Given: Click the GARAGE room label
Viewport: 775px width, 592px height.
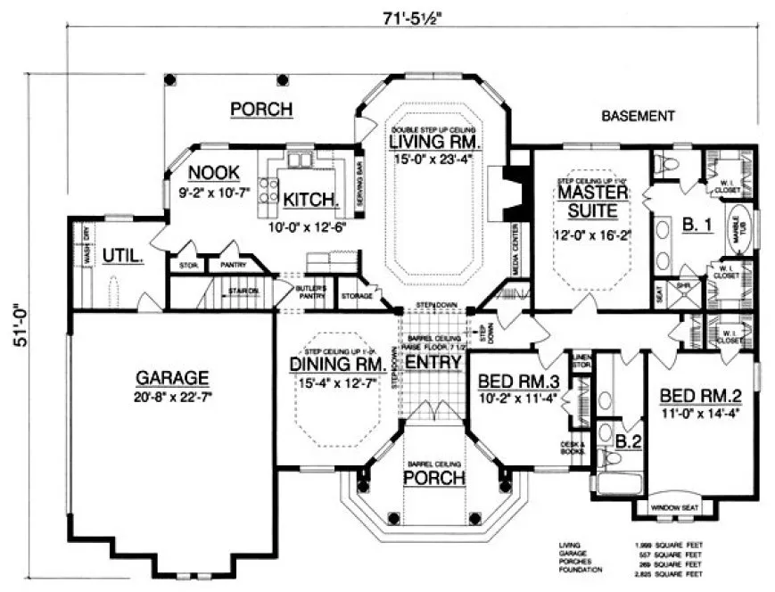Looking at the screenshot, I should click(x=173, y=376).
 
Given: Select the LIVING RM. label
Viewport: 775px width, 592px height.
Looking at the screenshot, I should click(x=437, y=143).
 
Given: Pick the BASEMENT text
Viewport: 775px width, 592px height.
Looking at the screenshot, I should click(x=637, y=116).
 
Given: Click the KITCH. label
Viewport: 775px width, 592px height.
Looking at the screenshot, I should click(x=309, y=199).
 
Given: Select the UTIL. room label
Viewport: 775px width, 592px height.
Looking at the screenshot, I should click(x=122, y=256).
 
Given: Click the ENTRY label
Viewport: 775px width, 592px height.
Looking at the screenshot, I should click(x=433, y=363).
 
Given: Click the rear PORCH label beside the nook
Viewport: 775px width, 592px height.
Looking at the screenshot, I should click(x=261, y=110).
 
